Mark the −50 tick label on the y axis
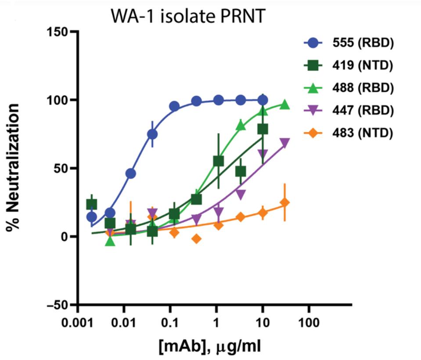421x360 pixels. coord(56,305)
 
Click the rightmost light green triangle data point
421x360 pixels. coord(284,104)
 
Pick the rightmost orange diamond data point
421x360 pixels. coord(284,202)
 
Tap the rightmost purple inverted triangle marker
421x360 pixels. coord(284,143)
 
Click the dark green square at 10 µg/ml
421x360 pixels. coord(263,129)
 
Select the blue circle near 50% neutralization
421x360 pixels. coord(130,173)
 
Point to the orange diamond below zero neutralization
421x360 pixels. coord(196,238)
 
